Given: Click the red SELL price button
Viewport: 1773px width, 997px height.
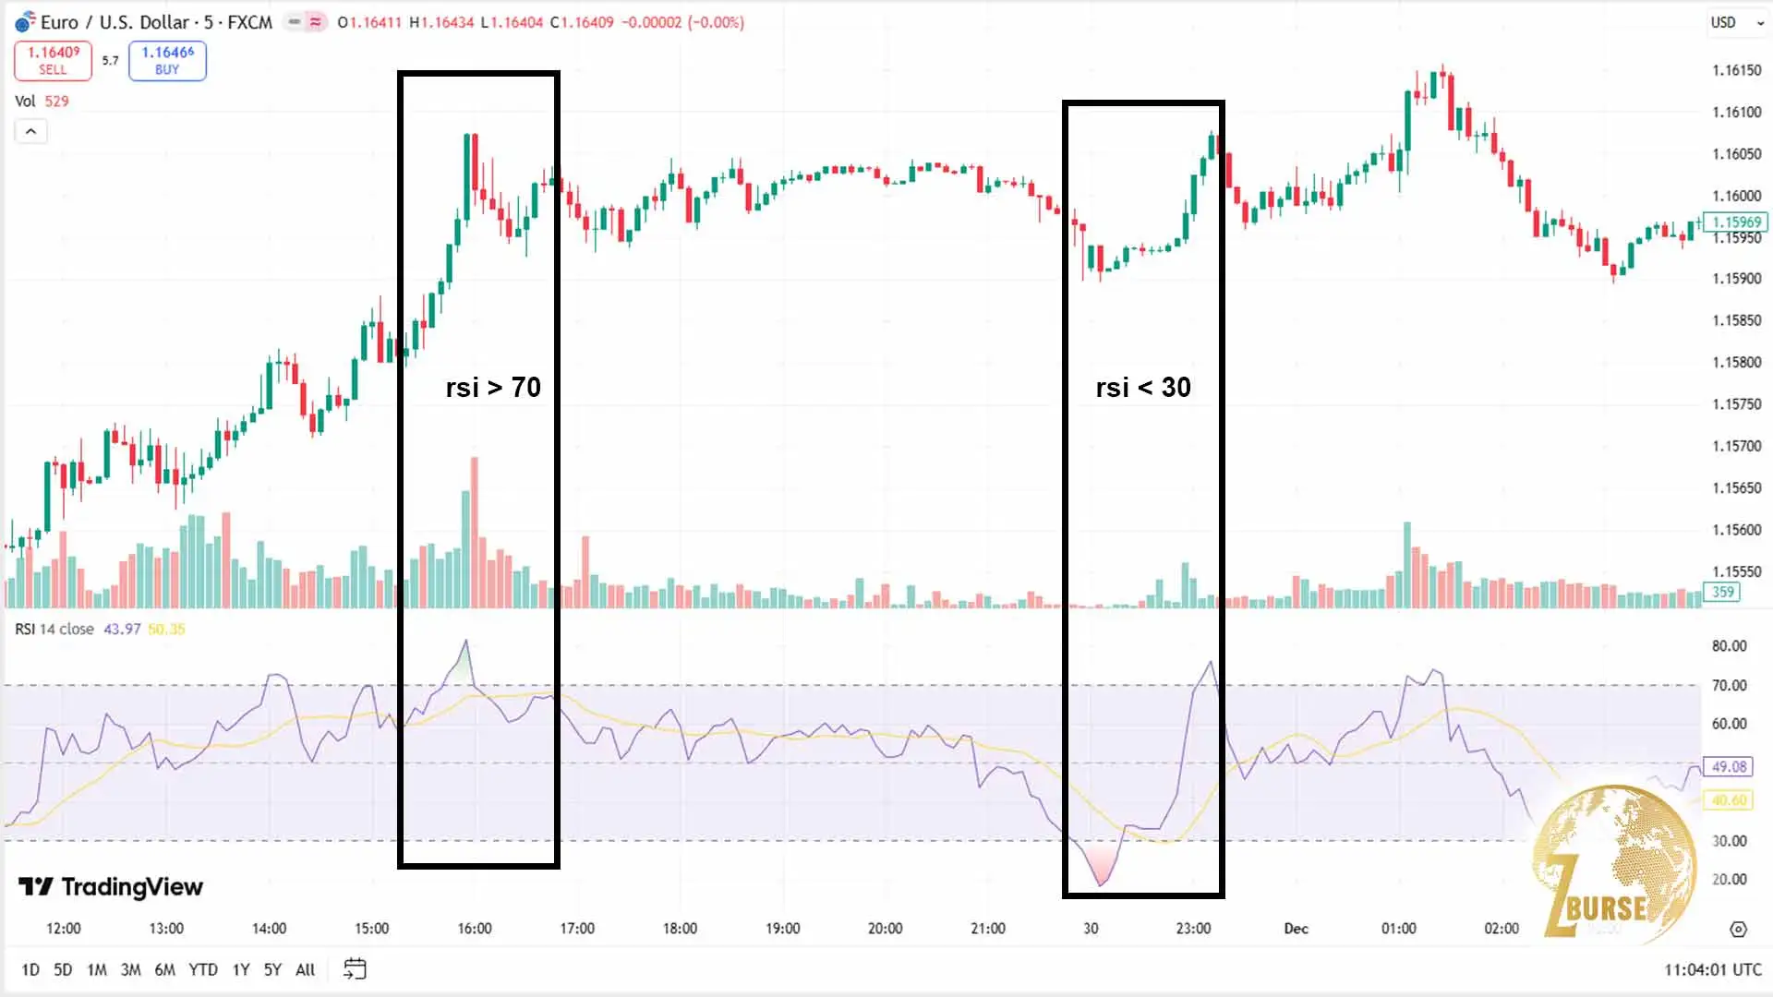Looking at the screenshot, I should click(x=53, y=61).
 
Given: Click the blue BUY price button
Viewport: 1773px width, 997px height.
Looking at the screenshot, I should click(x=167, y=61).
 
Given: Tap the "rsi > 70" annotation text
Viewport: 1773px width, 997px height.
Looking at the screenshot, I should click(x=493, y=388).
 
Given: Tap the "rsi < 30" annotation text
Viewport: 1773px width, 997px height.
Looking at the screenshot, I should click(x=1143, y=388).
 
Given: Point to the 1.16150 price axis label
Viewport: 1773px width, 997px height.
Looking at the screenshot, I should click(x=1736, y=70).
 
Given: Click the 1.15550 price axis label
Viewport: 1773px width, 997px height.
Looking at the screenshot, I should click(x=1736, y=571).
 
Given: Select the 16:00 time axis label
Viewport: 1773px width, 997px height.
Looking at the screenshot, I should click(x=475, y=929).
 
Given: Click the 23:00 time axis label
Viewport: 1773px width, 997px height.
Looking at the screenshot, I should click(x=1193, y=929).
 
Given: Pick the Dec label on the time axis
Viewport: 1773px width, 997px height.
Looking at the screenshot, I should click(x=1296, y=929).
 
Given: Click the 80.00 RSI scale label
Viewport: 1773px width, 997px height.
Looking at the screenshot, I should click(x=1729, y=646).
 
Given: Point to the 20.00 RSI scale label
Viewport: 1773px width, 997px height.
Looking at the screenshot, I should click(x=1729, y=880).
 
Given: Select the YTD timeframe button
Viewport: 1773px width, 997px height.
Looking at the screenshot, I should click(x=203, y=969).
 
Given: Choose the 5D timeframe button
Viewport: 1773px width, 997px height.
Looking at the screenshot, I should click(x=63, y=969).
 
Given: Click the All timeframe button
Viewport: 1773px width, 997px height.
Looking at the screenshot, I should click(x=305, y=969).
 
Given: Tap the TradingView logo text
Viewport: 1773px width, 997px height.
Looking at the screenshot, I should click(x=111, y=887).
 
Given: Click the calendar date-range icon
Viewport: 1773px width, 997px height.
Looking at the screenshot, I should click(x=355, y=968).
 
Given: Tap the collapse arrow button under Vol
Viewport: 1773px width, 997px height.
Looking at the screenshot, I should click(x=30, y=132).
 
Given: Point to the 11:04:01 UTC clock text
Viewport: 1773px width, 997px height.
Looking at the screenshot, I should click(x=1712, y=969).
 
